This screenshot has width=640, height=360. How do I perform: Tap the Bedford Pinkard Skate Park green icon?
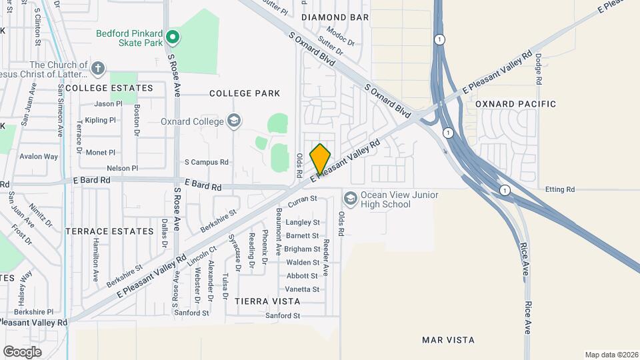(173, 37)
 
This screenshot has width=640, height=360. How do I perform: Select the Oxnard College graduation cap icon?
(233, 121)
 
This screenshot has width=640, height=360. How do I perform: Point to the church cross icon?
(98, 68)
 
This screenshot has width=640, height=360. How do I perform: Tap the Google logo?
(22, 351)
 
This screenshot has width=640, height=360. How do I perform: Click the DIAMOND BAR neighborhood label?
(335, 16)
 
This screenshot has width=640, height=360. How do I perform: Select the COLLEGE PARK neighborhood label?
(245, 93)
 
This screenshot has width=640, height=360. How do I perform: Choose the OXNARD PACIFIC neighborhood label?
(515, 104)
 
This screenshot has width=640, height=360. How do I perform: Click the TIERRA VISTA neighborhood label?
(267, 301)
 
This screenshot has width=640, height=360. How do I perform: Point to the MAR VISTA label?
(449, 340)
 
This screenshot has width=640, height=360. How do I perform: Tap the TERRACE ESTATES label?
(110, 231)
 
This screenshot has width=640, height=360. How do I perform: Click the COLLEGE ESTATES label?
(109, 88)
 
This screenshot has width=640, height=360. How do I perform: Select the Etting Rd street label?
(559, 190)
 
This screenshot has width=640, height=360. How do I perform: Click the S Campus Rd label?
(206, 162)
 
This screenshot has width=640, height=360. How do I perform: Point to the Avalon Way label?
(39, 157)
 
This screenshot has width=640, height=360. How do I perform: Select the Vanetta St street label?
(303, 289)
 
